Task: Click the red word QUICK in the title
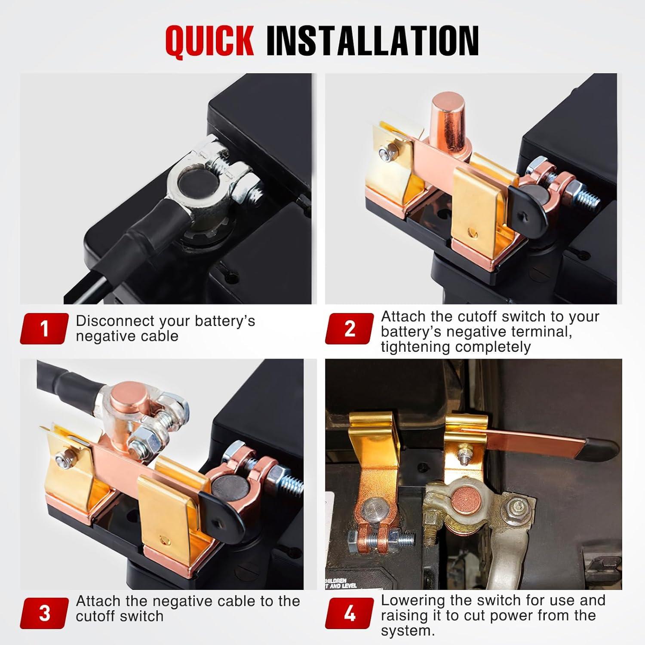[209, 41]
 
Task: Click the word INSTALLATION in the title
[372, 41]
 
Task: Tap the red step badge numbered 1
[44, 329]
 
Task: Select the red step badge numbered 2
[350, 329]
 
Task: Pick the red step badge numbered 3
[44, 613]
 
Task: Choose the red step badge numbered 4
[350, 613]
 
